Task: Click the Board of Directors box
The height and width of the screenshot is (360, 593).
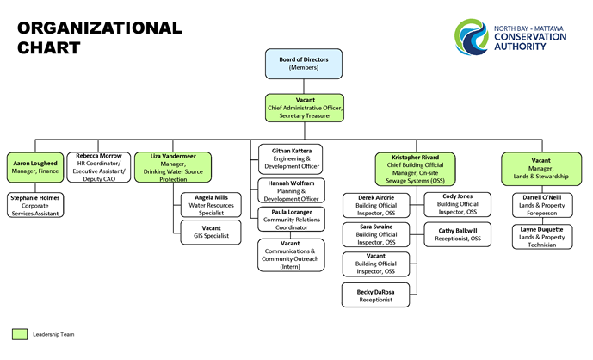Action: point(303,64)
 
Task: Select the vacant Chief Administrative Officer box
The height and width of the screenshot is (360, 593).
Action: point(304,109)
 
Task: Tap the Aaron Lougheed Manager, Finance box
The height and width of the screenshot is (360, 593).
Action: point(34,167)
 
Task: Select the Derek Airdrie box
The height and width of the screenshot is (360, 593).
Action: point(377,205)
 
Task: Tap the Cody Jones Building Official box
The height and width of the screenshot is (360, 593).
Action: point(456,203)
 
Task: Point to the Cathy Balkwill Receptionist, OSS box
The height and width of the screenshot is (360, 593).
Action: point(456,234)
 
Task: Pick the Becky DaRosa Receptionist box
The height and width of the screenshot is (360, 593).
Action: point(377,294)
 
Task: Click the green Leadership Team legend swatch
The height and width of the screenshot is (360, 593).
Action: point(19,332)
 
